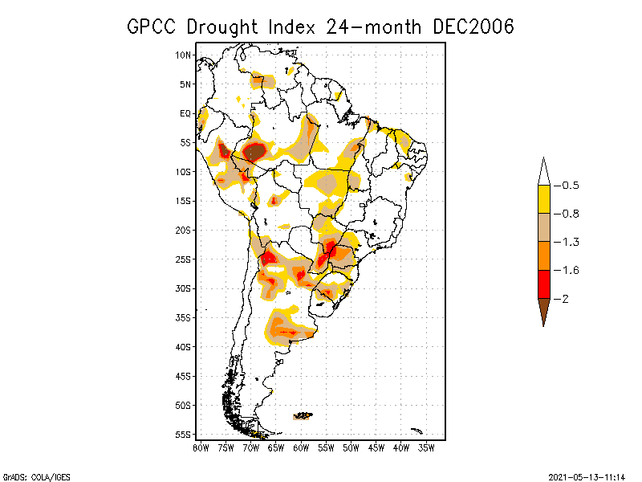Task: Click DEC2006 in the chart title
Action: pyautogui.click(x=473, y=27)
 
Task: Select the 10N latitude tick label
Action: pyautogui.click(x=184, y=55)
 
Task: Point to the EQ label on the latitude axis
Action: pyautogui.click(x=185, y=113)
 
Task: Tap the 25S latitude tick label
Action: pyautogui.click(x=184, y=259)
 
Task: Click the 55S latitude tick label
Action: pyautogui.click(x=184, y=435)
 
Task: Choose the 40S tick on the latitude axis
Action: pyautogui.click(x=184, y=347)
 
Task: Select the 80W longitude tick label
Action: pyautogui.click(x=201, y=447)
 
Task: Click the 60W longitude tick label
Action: pyautogui.click(x=301, y=447)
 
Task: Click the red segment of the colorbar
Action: pyautogui.click(x=544, y=284)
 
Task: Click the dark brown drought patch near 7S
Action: pyautogui.click(x=254, y=151)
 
